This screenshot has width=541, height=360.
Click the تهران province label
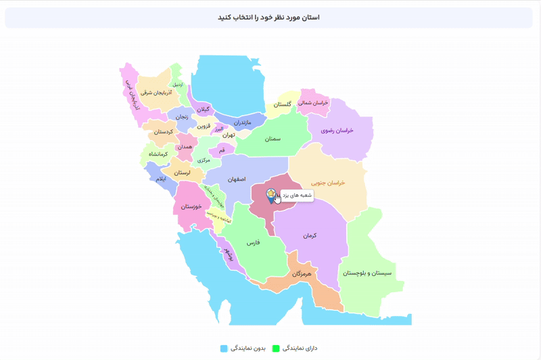coord(228,135)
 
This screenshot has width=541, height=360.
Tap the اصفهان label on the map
coord(236,179)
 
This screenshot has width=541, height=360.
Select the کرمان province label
coord(310,235)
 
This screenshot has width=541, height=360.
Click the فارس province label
coord(252,242)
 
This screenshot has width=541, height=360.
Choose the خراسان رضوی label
coord(339,130)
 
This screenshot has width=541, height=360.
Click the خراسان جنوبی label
coord(328,183)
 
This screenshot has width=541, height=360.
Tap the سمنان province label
coord(273,139)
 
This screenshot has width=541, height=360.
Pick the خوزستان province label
coord(192,206)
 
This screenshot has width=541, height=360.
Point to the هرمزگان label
coord(301,274)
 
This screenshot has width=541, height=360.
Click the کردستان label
coord(162,132)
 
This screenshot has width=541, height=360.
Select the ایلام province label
coord(160,179)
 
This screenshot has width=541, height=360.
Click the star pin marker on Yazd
coord(270,195)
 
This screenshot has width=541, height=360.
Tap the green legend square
coord(276,348)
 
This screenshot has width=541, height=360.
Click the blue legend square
coord(224,348)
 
